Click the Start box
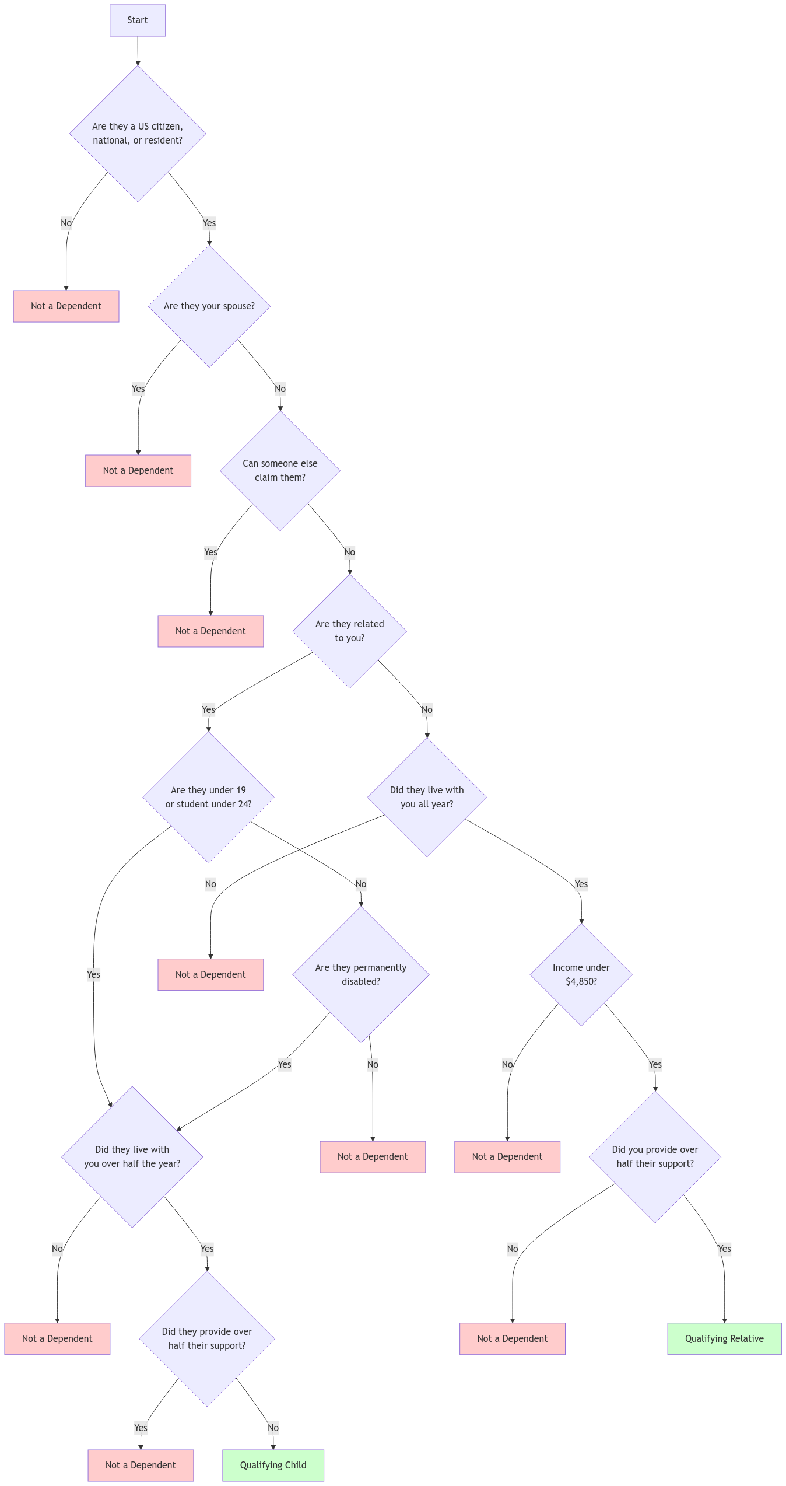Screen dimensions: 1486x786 click(x=138, y=20)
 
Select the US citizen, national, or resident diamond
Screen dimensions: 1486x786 click(x=138, y=134)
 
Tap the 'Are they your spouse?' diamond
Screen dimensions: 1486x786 click(x=209, y=306)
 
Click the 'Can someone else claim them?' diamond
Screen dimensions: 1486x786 click(x=280, y=471)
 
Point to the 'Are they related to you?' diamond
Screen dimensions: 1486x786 click(x=349, y=631)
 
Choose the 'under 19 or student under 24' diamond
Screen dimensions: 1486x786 click(x=208, y=797)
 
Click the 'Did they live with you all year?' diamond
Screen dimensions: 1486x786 click(x=427, y=797)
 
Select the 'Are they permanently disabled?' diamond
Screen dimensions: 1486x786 click(x=360, y=974)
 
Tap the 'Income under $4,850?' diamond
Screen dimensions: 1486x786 click(x=581, y=974)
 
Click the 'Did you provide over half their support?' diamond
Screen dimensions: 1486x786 click(x=655, y=1156)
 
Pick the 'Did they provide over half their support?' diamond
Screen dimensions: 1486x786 click(x=206, y=1338)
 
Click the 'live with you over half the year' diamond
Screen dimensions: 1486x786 click(x=132, y=1156)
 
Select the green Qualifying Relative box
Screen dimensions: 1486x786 click(x=724, y=1338)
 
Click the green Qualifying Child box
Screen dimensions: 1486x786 click(x=273, y=1465)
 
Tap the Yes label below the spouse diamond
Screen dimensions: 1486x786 click(x=138, y=389)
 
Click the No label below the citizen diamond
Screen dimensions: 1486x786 click(x=66, y=223)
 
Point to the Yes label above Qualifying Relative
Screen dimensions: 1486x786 click(x=724, y=1249)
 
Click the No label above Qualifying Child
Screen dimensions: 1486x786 click(x=273, y=1428)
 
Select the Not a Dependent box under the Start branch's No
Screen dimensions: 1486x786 click(x=66, y=306)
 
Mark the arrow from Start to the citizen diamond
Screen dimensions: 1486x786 click(x=138, y=51)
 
